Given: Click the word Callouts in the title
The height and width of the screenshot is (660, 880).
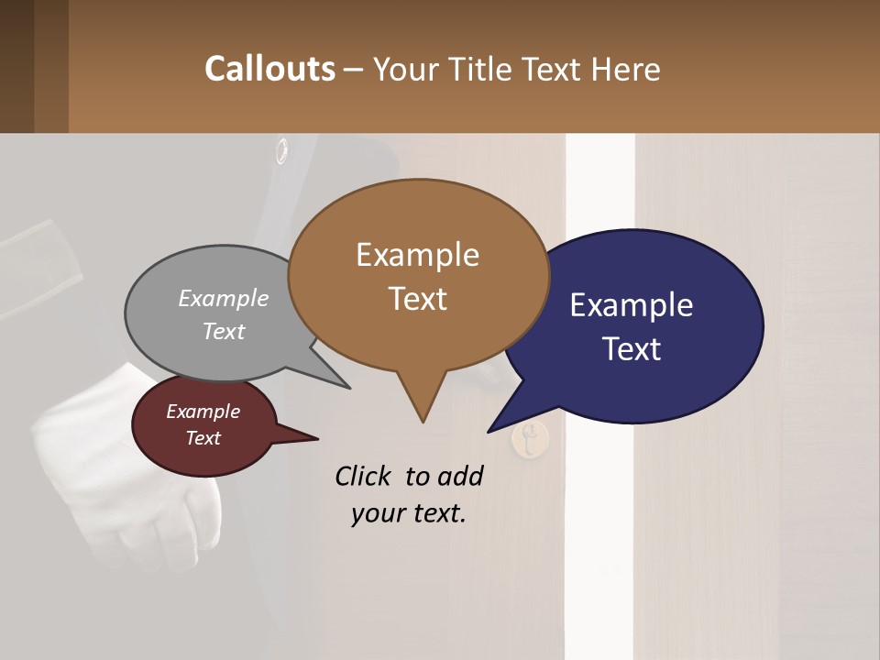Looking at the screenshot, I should pyautogui.click(x=269, y=69).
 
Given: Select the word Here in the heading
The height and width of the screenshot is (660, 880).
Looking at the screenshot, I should pyautogui.click(x=623, y=70).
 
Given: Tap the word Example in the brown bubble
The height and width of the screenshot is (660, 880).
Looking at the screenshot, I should pyautogui.click(x=417, y=255).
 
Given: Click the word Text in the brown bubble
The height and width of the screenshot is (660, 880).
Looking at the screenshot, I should pyautogui.click(x=417, y=299).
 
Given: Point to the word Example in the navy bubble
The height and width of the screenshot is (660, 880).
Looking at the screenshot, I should pyautogui.click(x=632, y=305).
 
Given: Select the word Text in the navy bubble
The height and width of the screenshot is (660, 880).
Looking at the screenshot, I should pyautogui.click(x=632, y=349).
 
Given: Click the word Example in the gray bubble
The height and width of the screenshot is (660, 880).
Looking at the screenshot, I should pyautogui.click(x=224, y=299).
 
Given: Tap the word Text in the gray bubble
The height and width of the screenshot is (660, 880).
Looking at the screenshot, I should pyautogui.click(x=224, y=331).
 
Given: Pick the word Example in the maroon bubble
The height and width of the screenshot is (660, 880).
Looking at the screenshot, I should pyautogui.click(x=203, y=412).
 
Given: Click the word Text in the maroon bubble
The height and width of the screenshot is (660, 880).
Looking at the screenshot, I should pyautogui.click(x=203, y=438).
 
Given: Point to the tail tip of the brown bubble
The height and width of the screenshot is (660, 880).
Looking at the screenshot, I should pyautogui.click(x=423, y=419).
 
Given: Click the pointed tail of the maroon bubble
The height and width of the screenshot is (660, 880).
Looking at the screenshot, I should pyautogui.click(x=312, y=439).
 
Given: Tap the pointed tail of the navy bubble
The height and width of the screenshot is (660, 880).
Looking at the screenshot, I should pyautogui.click(x=492, y=429).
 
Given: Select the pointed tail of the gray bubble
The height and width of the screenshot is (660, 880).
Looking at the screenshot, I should pyautogui.click(x=346, y=386).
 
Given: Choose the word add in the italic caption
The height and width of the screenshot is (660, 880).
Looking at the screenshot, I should pyautogui.click(x=460, y=476).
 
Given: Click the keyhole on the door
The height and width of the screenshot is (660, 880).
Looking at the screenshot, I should pyautogui.click(x=530, y=441).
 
